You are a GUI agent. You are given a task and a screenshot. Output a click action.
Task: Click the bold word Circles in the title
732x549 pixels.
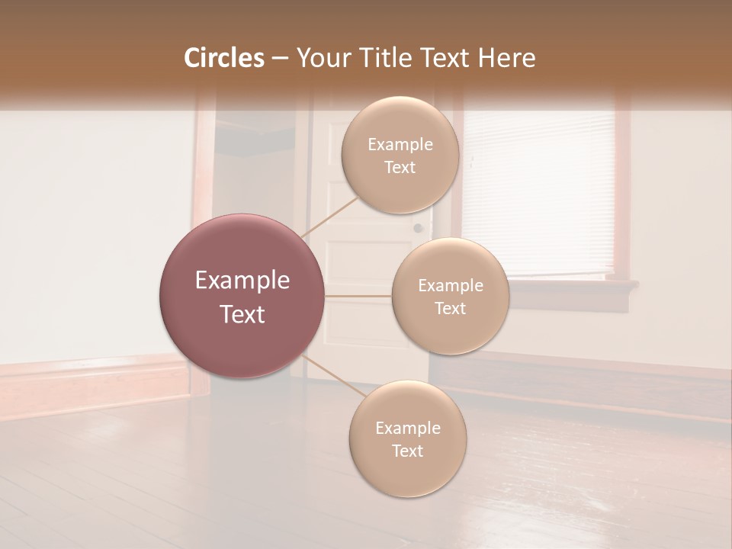coord(224,58)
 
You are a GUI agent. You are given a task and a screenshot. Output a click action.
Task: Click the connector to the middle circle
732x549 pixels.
coord(358,296)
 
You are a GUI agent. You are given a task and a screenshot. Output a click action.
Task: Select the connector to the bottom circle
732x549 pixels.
coord(333,377)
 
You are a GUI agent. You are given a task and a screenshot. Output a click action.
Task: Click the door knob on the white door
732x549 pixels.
coord(418,228)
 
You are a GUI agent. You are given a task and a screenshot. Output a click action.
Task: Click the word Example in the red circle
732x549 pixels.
coord(242,281)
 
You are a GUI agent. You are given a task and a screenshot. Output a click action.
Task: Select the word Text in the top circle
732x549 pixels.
coord(400,167)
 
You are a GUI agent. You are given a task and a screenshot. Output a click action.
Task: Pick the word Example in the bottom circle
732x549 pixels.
coord(407,428)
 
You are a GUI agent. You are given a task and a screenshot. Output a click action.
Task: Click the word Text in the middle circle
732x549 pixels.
coord(450,308)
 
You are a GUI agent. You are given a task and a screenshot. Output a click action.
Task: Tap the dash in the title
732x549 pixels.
coord(280,59)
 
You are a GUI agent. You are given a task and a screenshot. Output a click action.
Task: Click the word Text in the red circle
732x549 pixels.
coord(242,314)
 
